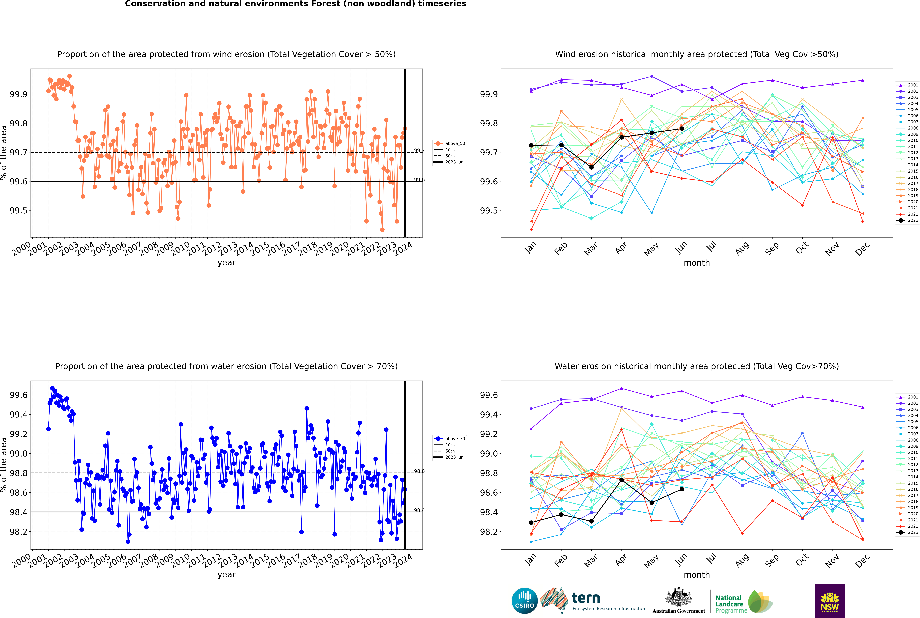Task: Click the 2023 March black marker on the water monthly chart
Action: (x=591, y=521)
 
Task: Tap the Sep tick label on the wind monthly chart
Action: (x=772, y=248)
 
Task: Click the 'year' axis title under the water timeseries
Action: (x=226, y=575)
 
